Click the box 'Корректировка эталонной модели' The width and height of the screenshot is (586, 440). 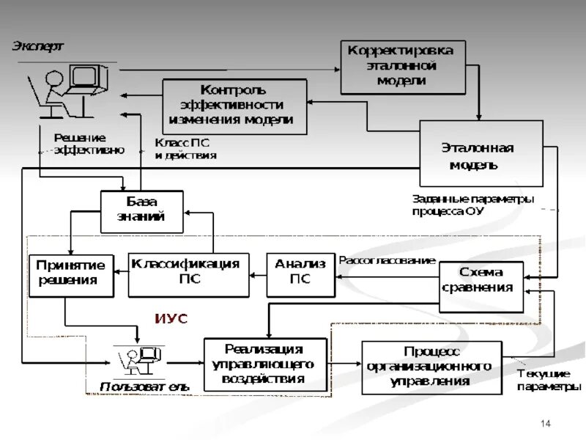pyautogui.click(x=402, y=67)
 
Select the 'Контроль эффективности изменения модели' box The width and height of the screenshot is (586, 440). pyautogui.click(x=234, y=106)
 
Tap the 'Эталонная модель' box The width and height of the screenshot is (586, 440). pyautogui.click(x=481, y=154)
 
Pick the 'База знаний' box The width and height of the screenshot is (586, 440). pyautogui.click(x=141, y=211)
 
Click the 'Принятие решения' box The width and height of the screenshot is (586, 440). pyautogui.click(x=71, y=274)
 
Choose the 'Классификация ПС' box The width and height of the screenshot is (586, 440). pyautogui.click(x=188, y=274)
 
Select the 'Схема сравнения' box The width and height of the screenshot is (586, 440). pyautogui.click(x=481, y=280)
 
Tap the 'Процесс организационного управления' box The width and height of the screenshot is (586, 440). pyautogui.click(x=431, y=367)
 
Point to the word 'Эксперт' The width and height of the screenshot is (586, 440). pyautogui.click(x=37, y=46)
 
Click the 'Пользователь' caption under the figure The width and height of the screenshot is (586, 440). pyautogui.click(x=144, y=386)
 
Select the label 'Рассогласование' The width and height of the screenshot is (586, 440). pyautogui.click(x=387, y=260)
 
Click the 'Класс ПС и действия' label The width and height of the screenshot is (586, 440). pyautogui.click(x=185, y=150)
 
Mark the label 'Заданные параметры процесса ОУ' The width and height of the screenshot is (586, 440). pyautogui.click(x=472, y=205)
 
